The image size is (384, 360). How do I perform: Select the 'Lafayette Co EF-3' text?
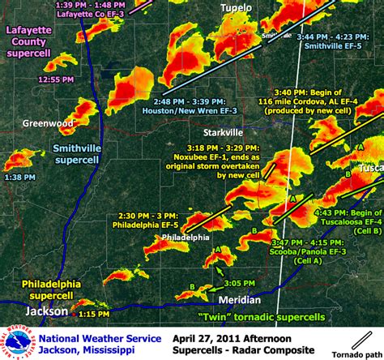[82, 14]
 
